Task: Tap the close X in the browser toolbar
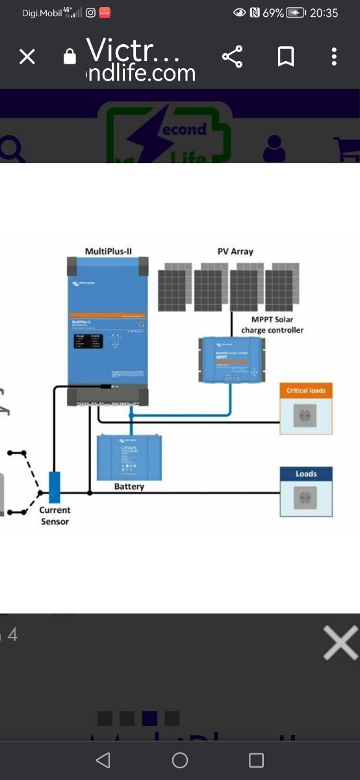27,57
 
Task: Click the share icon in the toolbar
232,57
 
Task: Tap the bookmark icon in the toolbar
285,57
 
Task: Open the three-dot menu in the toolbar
334,57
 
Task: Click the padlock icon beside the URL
70,57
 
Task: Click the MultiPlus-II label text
108,251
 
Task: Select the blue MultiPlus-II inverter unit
108,325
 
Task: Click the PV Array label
235,251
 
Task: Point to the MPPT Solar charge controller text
272,325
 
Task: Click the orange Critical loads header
306,391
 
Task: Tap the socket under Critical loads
305,416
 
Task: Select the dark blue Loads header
306,474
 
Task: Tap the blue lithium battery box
129,457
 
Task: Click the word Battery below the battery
129,486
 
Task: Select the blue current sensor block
55,487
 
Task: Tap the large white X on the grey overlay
341,643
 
